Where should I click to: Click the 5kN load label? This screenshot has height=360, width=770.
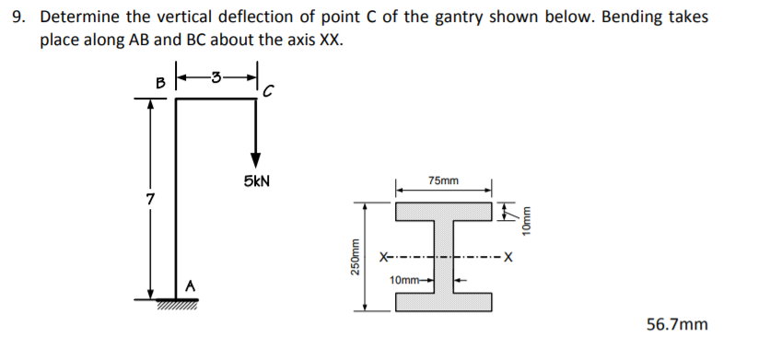tap(256, 182)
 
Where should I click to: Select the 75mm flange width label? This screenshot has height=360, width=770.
tap(445, 181)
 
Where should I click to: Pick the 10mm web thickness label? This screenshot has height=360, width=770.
tap(405, 278)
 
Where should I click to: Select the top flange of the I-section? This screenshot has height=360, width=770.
tap(445, 208)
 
